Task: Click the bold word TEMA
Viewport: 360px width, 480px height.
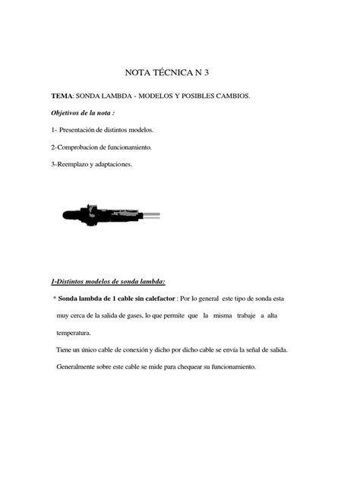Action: [x=62, y=97]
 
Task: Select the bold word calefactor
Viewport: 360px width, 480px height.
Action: [x=157, y=298]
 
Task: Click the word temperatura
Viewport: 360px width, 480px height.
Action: [x=74, y=333]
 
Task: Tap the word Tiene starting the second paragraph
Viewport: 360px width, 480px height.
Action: [x=65, y=350]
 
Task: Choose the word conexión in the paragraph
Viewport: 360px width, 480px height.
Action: [x=141, y=350]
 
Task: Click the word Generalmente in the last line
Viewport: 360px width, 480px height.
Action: [x=80, y=368]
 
